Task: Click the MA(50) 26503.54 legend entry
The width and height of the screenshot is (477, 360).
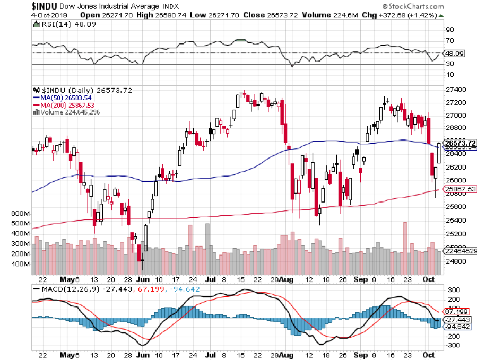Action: pos(63,98)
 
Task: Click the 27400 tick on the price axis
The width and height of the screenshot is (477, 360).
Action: pos(457,90)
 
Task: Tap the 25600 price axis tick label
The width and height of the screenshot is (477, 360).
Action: pos(457,207)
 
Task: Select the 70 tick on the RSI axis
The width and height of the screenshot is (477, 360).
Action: pos(450,41)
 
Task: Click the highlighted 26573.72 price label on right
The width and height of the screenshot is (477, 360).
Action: pos(459,143)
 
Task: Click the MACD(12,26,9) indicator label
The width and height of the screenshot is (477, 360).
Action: pos(66,289)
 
